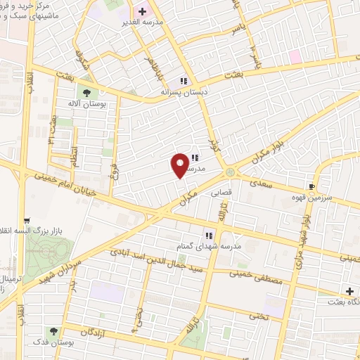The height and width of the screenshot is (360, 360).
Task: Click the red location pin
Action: [181, 165]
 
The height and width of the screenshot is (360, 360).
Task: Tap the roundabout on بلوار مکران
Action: [230, 173]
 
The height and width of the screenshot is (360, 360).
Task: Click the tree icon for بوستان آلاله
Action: [86, 92]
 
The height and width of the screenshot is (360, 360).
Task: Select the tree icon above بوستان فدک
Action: [53, 330]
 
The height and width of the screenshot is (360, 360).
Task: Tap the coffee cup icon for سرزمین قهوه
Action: [311, 187]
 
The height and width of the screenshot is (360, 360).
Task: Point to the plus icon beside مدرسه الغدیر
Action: [141, 12]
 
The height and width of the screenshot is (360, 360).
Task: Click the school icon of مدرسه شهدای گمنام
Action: [209, 235]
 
